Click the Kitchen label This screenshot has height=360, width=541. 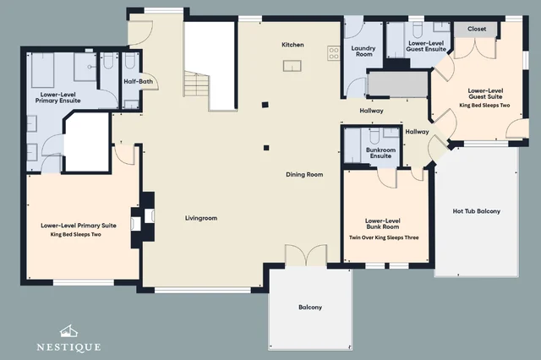[292, 45]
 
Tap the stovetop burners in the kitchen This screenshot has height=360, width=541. [334, 53]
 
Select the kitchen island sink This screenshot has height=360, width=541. [292, 66]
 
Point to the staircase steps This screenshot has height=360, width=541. [196, 85]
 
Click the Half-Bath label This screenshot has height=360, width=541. [138, 82]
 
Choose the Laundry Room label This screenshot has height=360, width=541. [363, 52]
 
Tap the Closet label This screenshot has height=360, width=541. [477, 29]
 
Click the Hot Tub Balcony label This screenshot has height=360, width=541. [477, 211]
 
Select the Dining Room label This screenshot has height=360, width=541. [304, 174]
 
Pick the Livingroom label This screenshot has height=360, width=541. [201, 218]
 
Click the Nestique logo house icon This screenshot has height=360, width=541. [68, 331]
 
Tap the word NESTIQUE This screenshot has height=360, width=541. [68, 346]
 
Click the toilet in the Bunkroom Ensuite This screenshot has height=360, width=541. [375, 135]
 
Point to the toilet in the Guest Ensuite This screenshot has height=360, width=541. [418, 30]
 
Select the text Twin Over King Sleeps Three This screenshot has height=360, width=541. [384, 237]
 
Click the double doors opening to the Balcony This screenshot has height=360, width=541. [306, 255]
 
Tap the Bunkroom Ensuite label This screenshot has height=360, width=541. [380, 153]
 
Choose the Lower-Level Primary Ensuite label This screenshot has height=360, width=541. [58, 97]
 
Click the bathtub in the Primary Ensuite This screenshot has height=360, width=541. [43, 70]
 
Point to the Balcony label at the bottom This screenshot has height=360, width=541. [310, 308]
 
